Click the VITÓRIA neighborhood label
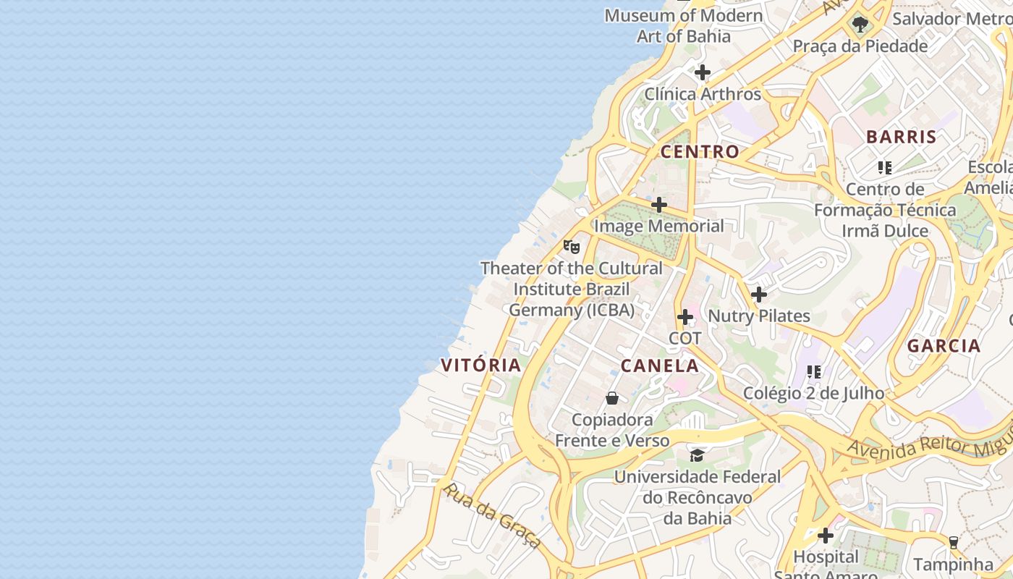point(481,365)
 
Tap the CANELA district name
point(659,365)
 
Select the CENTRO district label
point(700,151)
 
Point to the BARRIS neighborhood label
point(901,136)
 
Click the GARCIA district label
point(944,345)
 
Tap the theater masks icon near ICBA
point(572,247)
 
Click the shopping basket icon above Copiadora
point(612,398)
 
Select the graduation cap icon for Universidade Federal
point(697,455)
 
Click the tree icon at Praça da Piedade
point(860,25)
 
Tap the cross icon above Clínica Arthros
point(702,72)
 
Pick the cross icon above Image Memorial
point(658,205)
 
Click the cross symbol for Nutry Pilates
point(758,295)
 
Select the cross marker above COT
point(684,317)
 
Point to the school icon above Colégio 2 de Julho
point(814,372)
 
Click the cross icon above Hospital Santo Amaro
point(825,536)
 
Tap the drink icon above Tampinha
point(953,542)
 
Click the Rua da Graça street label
point(492,515)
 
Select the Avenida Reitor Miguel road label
point(929,440)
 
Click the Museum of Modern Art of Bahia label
point(683,25)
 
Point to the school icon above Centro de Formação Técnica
point(884,168)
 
